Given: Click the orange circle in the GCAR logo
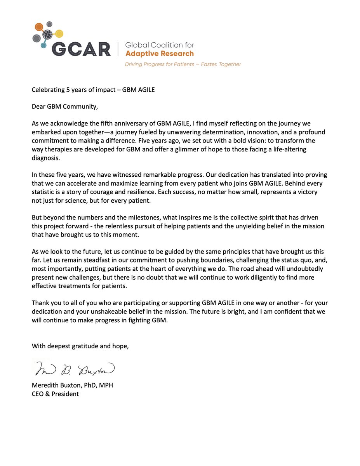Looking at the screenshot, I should click(39, 27).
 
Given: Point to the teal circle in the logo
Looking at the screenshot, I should click(43, 45).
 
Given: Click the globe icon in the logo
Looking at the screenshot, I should click(48, 34).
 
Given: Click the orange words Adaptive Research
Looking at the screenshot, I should click(159, 53).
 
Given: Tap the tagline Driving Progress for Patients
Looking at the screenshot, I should click(183, 64).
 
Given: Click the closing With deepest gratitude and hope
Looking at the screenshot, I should click(80, 346).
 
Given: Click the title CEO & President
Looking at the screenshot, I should click(55, 394).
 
